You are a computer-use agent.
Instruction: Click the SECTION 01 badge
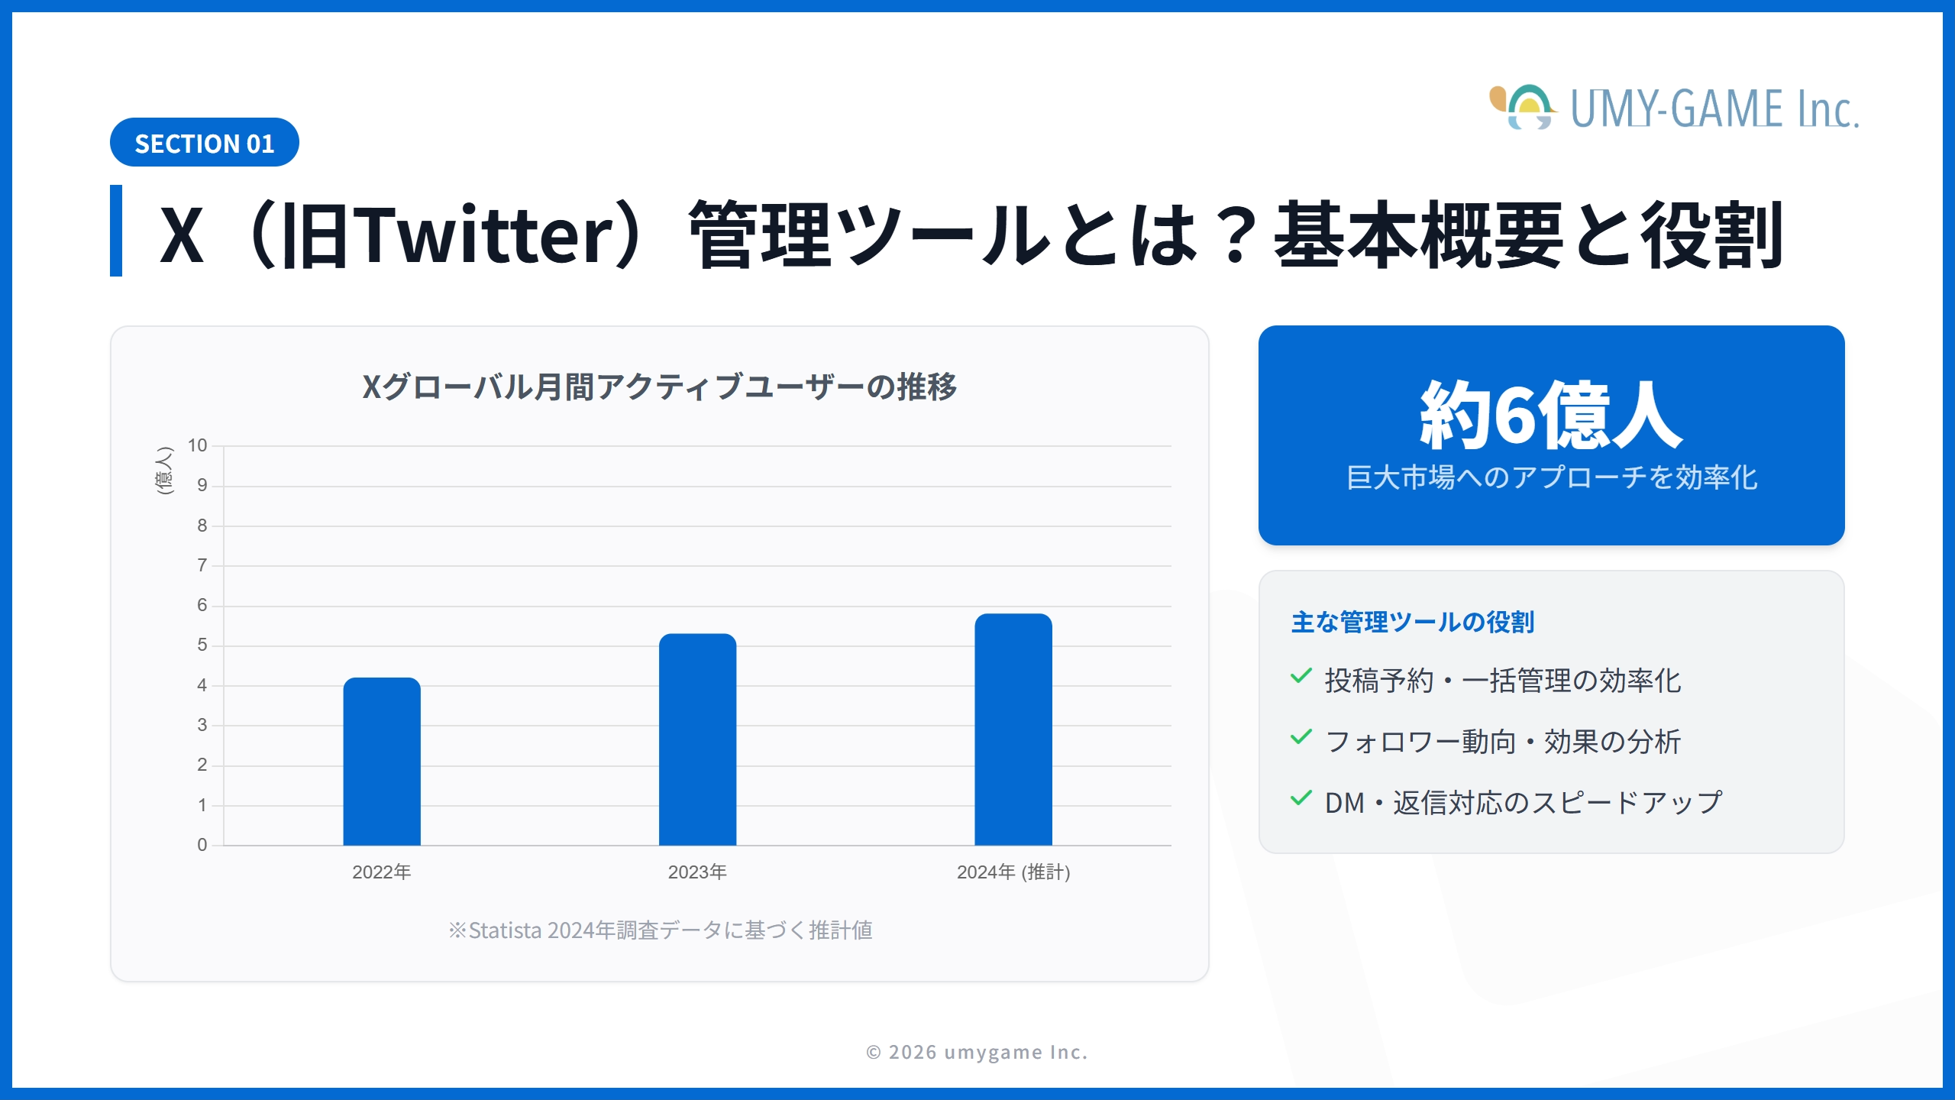[x=204, y=143]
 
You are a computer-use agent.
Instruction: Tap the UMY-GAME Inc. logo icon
[x=1523, y=108]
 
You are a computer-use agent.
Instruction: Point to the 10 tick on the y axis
[x=197, y=445]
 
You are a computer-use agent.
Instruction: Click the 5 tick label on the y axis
[x=202, y=645]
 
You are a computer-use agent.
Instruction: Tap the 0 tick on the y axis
[x=202, y=845]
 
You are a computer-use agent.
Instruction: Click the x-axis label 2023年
[x=697, y=872]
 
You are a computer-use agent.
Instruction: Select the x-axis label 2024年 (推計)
[x=1013, y=872]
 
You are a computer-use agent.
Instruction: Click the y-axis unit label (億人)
[x=164, y=471]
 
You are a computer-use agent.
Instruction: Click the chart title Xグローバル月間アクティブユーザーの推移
[x=659, y=387]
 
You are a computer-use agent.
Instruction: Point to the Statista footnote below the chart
[x=660, y=930]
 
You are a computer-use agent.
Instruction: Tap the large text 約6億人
[x=1550, y=416]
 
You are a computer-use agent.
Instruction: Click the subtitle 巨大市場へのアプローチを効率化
[x=1551, y=477]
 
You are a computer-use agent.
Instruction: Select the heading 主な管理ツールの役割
[x=1412, y=622]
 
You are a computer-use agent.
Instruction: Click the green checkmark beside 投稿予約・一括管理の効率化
[x=1301, y=676]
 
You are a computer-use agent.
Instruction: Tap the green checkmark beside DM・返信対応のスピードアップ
[x=1301, y=798]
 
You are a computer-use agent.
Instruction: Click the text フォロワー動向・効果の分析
[x=1502, y=741]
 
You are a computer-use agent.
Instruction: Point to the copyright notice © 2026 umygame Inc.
[x=977, y=1052]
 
